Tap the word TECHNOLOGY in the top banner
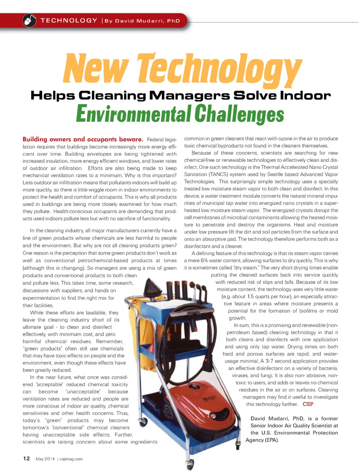69,21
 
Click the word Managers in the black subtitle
189,96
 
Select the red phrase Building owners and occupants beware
83,139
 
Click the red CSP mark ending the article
308,404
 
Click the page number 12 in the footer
26,459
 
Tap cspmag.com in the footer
71,459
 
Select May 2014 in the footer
45,459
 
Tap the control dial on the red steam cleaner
193,387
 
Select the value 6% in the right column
205,261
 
